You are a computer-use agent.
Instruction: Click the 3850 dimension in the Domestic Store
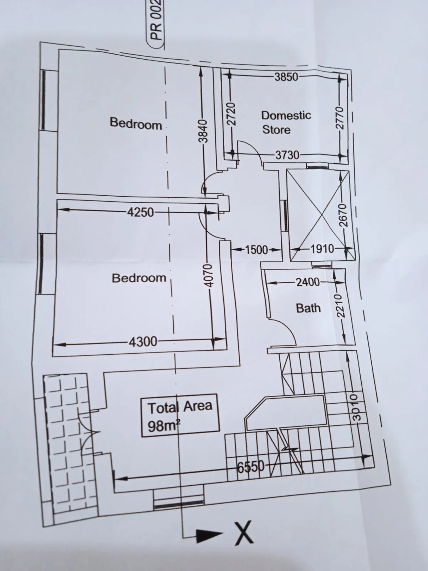[x=286, y=77]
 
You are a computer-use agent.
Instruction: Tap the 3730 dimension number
[x=287, y=155]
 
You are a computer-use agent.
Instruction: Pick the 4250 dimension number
[x=140, y=213]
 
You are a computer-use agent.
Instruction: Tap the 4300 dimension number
[x=143, y=342]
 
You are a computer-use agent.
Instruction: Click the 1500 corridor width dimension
[x=256, y=250]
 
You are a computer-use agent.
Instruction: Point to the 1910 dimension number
[x=322, y=249]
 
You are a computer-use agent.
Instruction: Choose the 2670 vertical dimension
[x=343, y=216]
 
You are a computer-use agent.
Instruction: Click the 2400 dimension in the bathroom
[x=308, y=282]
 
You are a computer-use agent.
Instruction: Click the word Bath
[x=308, y=308]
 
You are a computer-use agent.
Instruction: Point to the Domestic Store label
[x=286, y=122]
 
